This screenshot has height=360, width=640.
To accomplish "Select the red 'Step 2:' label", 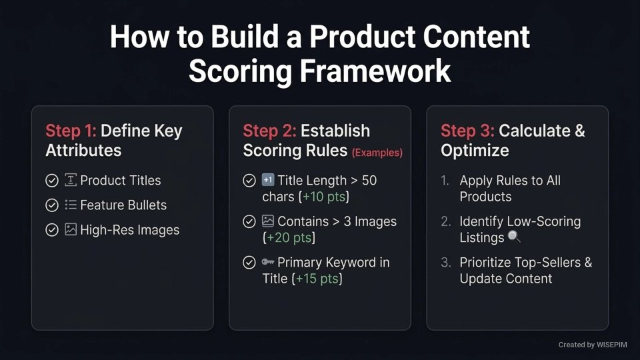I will (x=269, y=131).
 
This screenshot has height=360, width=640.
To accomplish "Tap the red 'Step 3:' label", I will (x=467, y=131).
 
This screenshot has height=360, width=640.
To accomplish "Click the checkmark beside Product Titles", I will (x=51, y=181).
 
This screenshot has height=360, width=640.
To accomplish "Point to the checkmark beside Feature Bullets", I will (x=51, y=205).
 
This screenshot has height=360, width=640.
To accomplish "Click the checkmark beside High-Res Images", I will (x=51, y=230).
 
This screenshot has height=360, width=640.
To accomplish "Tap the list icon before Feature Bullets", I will (x=71, y=205).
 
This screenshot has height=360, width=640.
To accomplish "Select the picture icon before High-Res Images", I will (x=71, y=230).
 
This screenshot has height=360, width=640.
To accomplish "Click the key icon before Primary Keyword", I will (x=268, y=263).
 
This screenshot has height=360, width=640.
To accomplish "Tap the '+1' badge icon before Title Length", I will (x=268, y=181).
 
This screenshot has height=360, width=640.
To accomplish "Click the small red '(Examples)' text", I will (x=377, y=153).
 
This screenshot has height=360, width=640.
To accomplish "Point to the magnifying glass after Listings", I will (x=513, y=237).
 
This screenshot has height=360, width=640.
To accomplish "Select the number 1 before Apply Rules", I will (x=445, y=181).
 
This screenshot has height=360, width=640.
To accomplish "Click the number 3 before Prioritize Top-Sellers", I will (x=445, y=263).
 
